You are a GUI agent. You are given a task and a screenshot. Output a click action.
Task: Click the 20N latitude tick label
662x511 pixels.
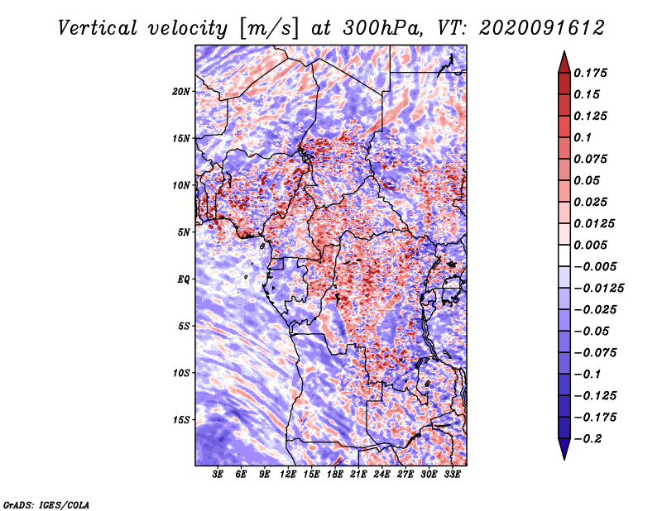click(x=181, y=91)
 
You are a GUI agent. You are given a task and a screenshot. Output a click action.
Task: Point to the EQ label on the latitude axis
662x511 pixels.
click(x=184, y=279)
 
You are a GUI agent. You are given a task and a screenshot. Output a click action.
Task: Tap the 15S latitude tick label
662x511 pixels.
click(x=181, y=420)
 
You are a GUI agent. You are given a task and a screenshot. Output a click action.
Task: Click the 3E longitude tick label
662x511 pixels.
click(x=218, y=475)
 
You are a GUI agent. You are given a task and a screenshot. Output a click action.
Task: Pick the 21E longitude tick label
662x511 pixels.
click(x=358, y=475)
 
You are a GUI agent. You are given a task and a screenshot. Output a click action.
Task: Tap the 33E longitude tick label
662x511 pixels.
click(x=452, y=475)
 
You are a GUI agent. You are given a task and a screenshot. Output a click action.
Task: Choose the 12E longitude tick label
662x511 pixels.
click(x=289, y=475)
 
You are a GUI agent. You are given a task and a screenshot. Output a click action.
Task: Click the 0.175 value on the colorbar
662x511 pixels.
click(x=592, y=73)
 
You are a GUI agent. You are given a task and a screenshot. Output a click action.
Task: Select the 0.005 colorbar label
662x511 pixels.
click(x=592, y=245)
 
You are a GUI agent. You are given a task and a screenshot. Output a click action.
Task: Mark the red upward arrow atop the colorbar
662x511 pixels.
click(x=564, y=60)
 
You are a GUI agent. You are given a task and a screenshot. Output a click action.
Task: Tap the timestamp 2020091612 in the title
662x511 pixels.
click(x=535, y=28)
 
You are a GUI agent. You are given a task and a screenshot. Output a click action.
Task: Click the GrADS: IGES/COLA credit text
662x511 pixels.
click(x=46, y=503)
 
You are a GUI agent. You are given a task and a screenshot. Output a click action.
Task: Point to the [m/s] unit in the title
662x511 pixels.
click(x=269, y=28)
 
